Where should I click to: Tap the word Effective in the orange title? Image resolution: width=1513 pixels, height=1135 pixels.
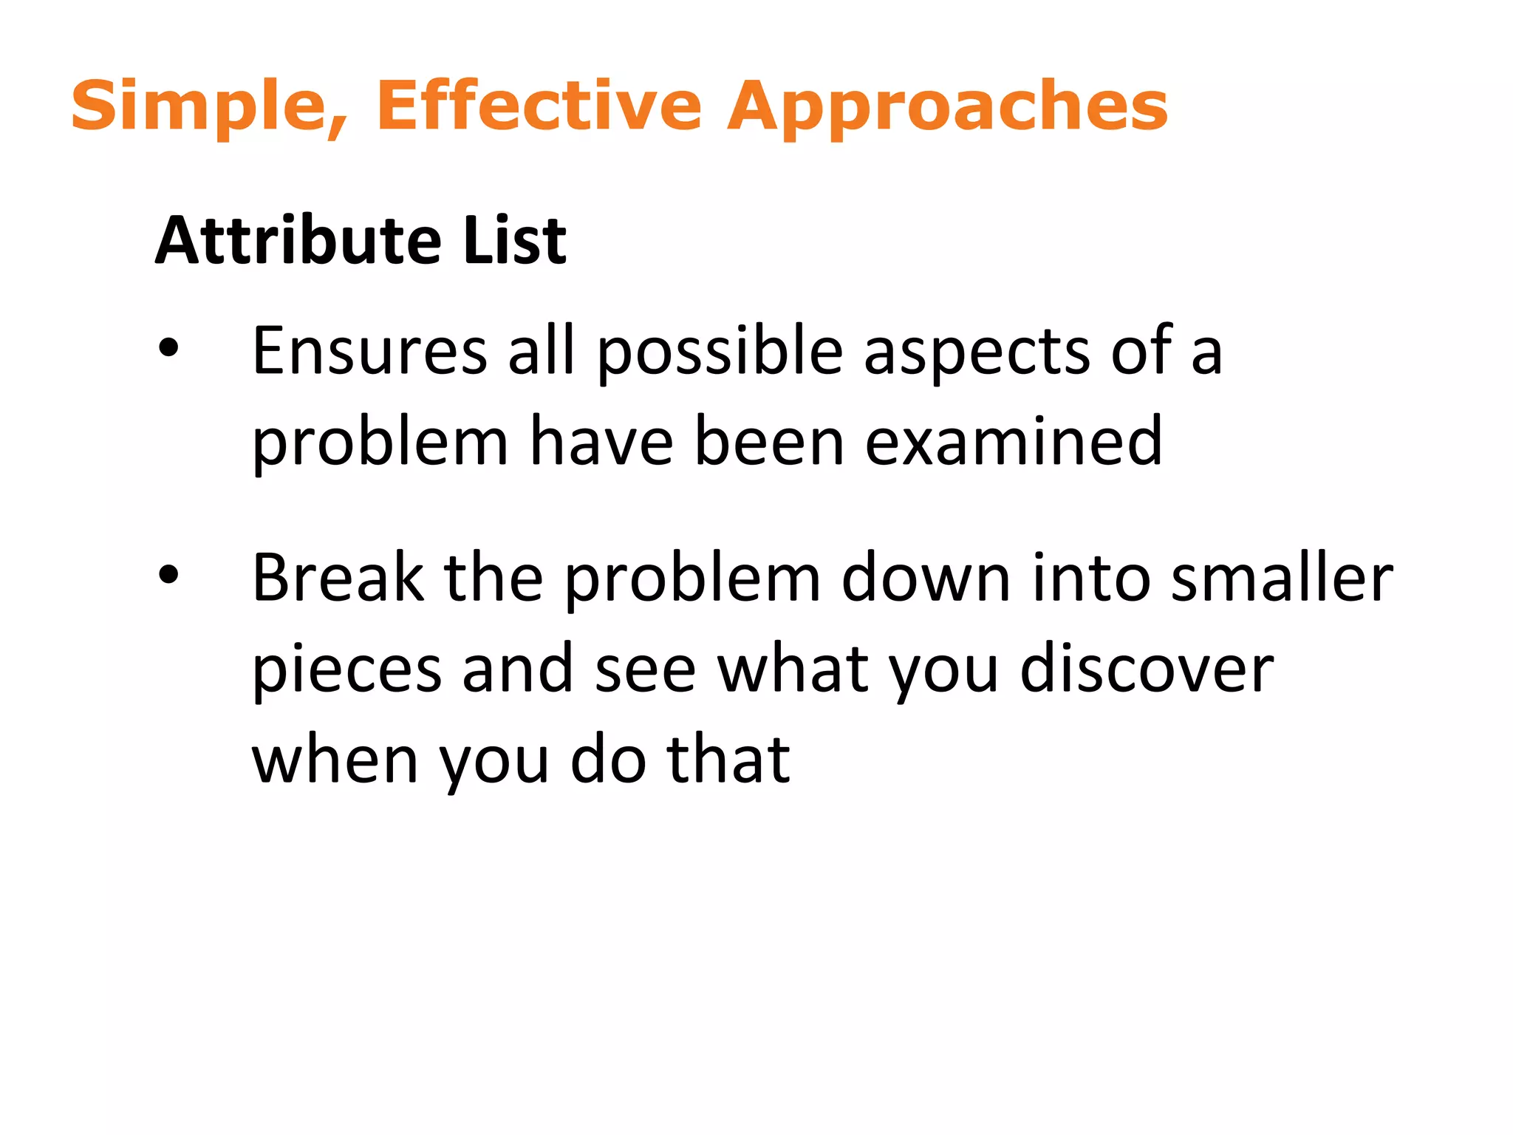(x=539, y=106)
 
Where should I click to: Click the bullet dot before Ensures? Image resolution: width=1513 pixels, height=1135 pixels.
(x=168, y=348)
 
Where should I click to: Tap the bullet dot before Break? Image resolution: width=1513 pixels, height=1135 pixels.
(x=168, y=575)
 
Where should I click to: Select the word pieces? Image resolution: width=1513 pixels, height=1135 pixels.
(x=347, y=669)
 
